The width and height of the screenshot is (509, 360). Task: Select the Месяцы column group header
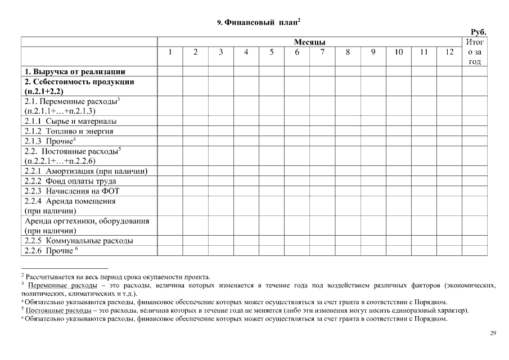(x=309, y=42)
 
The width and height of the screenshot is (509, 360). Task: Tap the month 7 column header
(x=322, y=52)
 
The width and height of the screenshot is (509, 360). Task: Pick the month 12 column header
(x=449, y=52)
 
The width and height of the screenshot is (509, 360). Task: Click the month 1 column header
(x=170, y=52)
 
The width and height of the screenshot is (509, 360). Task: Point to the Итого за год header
(x=475, y=52)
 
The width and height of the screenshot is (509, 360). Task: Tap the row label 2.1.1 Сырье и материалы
(x=71, y=121)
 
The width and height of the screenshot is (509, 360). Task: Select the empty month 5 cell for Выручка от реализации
(x=272, y=71)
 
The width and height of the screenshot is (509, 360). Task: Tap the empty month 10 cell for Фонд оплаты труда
(x=398, y=181)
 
